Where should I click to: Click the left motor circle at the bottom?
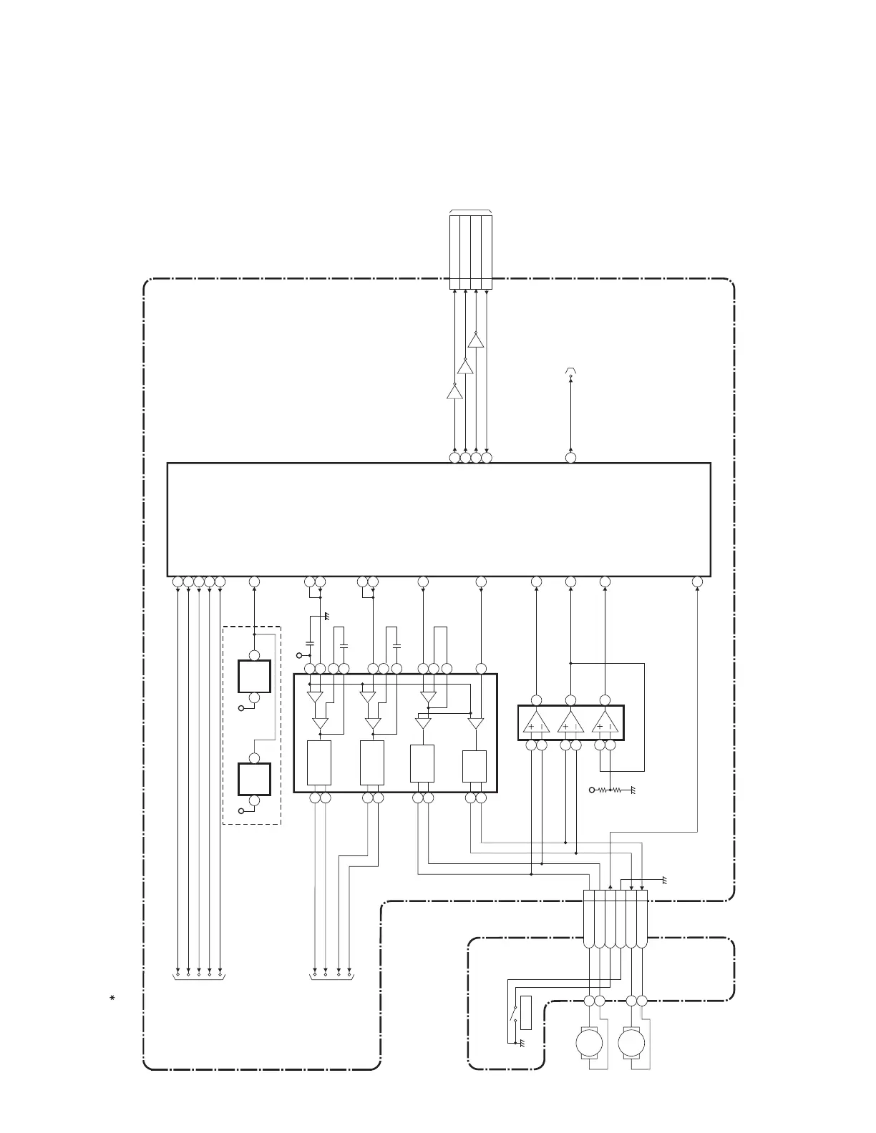coord(590,1043)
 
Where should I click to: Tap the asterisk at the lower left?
coord(112,998)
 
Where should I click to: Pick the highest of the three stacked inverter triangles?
coord(476,340)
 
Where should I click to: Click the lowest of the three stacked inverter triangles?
coord(454,392)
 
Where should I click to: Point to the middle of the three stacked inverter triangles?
coord(465,366)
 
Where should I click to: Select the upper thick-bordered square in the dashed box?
coord(254,676)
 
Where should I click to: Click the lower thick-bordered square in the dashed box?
coord(254,779)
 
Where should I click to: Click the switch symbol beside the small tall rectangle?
coord(513,1014)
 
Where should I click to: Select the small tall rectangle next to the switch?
coord(526,1014)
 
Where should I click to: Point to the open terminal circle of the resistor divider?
coord(592,790)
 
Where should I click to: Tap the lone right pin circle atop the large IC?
coord(570,457)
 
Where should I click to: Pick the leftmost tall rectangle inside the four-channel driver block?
coord(319,762)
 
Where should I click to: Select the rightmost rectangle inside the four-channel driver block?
coord(474,766)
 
